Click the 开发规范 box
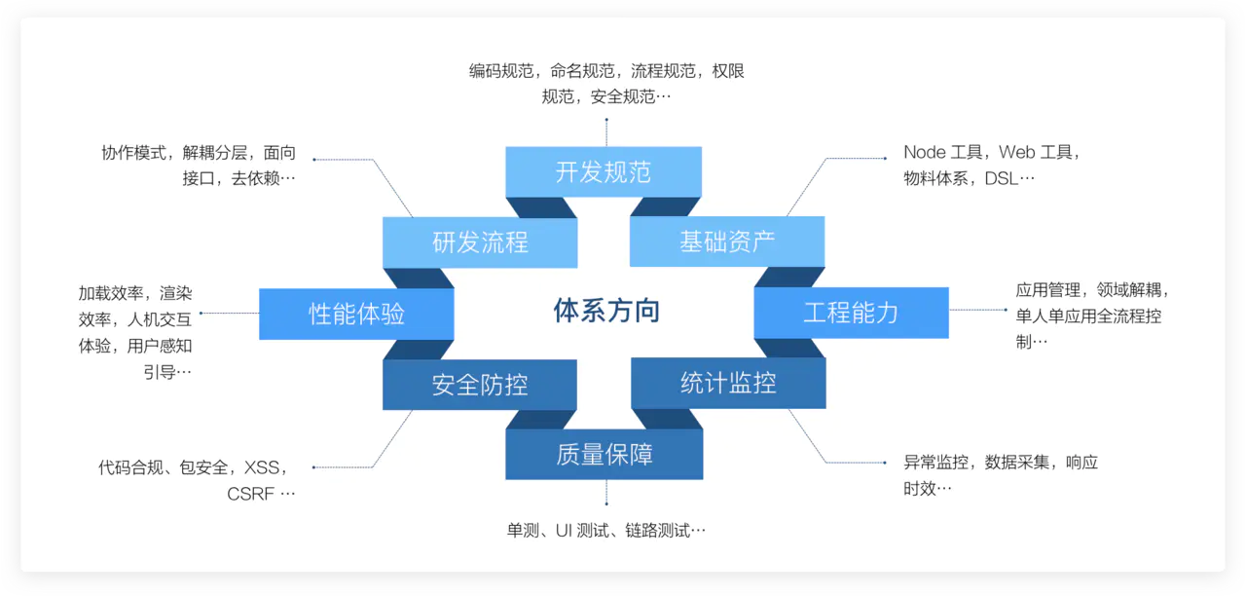tap(604, 172)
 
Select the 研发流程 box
tap(480, 242)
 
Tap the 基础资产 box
tap(727, 242)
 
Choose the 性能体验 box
tap(356, 314)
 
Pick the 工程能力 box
tap(851, 313)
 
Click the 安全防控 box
tap(480, 385)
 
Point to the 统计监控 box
tap(728, 383)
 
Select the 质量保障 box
tap(604, 454)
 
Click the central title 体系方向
tap(606, 311)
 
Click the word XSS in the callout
tap(262, 467)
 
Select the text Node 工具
tap(939, 153)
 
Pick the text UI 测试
tap(581, 531)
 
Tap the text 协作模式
tap(133, 153)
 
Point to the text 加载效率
tap(111, 293)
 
